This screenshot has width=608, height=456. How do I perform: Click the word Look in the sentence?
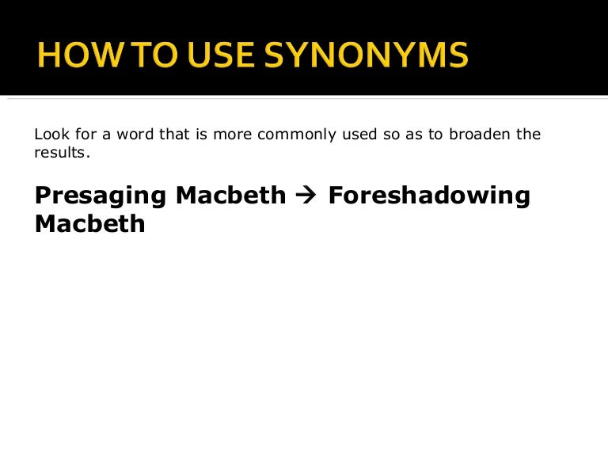50,134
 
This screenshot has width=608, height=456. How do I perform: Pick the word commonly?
300,134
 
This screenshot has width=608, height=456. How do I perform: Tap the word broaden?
481,134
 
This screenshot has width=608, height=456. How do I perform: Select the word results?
60,152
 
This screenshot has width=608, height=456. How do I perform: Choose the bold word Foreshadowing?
429,196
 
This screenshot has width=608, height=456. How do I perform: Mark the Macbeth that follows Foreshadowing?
89,223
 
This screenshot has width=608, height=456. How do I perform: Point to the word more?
242,134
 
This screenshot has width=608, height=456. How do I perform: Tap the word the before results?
528,134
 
